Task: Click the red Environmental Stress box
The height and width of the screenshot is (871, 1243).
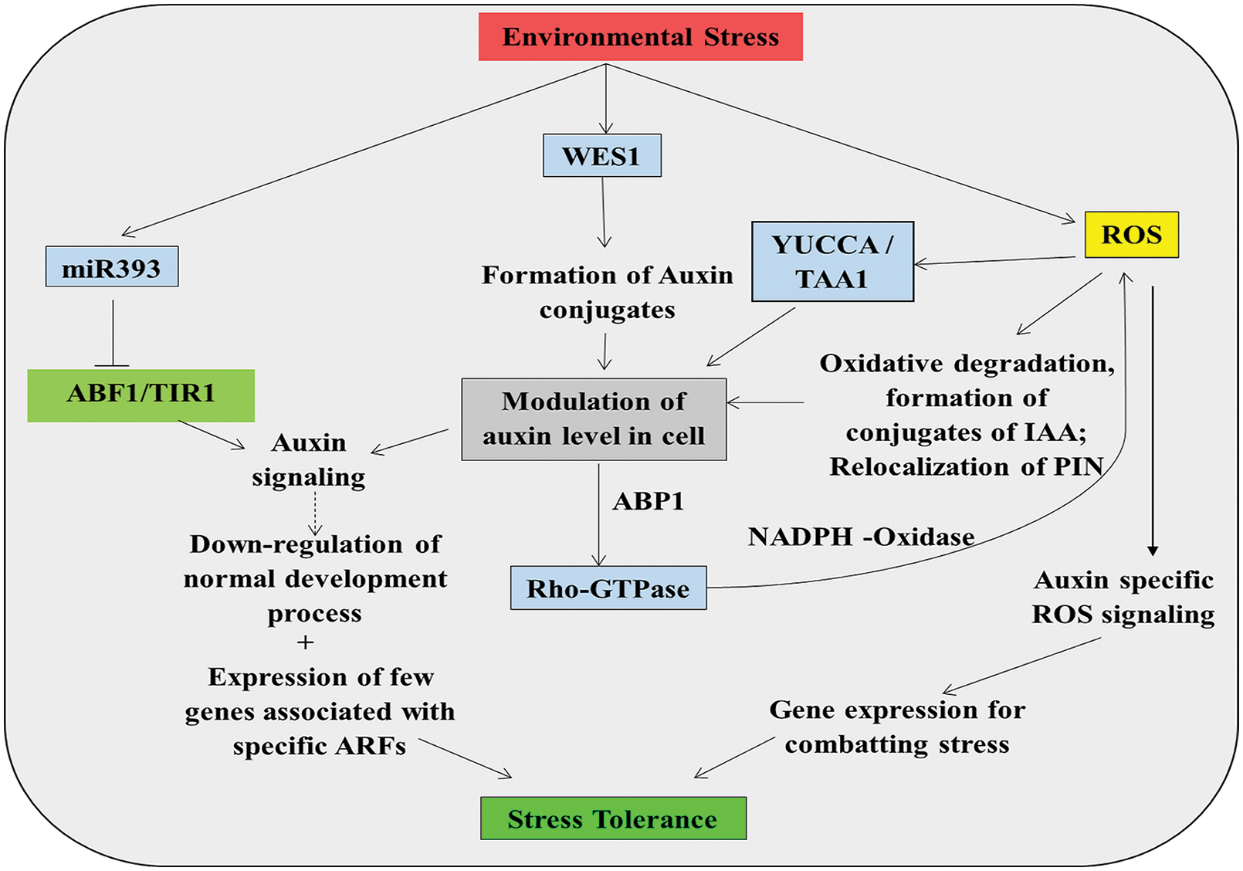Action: (640, 37)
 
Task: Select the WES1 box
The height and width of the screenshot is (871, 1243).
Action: (601, 156)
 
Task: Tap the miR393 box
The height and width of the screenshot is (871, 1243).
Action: (112, 267)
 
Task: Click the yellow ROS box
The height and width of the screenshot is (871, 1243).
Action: (1131, 235)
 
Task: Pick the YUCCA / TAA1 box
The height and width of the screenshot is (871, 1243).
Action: (832, 262)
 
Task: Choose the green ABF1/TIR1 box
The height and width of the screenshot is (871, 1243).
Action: (141, 395)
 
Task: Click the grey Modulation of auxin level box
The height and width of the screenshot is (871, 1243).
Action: (594, 419)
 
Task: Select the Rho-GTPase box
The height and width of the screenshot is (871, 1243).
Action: (608, 588)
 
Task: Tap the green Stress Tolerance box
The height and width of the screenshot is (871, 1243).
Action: (613, 818)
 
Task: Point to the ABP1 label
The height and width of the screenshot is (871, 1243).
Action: (648, 502)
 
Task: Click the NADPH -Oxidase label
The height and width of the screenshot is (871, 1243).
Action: (861, 537)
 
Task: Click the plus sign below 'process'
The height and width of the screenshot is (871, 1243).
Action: (306, 642)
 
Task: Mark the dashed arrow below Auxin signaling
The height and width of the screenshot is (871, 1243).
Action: (315, 513)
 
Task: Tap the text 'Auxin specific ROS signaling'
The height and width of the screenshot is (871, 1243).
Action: (1123, 598)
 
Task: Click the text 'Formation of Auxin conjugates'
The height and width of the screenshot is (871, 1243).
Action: (608, 293)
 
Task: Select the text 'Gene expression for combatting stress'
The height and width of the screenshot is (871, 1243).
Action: (897, 727)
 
